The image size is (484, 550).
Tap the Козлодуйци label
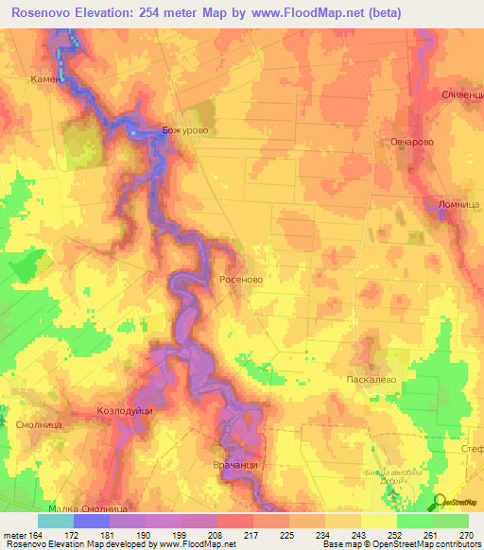tap(125, 411)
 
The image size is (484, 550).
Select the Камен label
tap(44, 79)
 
